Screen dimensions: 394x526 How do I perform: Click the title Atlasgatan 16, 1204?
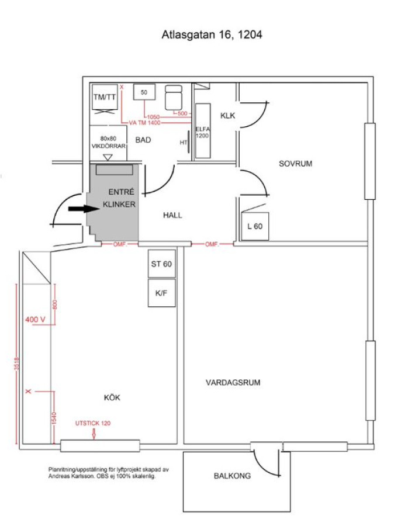pos(212,34)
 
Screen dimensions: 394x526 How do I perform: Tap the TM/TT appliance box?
pos(105,97)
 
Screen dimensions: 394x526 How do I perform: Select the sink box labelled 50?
pos(144,92)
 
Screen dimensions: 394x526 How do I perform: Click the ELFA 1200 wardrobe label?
pos(202,132)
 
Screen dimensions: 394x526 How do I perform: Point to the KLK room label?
pos(227,116)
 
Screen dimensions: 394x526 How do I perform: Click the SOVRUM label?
pos(295,164)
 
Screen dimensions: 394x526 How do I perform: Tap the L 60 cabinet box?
pos(255,226)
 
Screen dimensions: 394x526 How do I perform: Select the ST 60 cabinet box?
pos(162,264)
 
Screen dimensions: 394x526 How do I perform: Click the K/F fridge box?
pos(162,293)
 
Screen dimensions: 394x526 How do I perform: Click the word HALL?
pos(172,215)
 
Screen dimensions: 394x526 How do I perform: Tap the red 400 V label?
pos(35,319)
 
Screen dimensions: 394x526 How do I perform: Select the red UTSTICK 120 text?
pos(93,423)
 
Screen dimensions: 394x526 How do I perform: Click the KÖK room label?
pos(112,397)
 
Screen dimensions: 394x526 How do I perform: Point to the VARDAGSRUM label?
pos(233,382)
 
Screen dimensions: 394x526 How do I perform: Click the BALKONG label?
pos(232,476)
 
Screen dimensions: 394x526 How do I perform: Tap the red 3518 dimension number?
pos(17,364)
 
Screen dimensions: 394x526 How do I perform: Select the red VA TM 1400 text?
pos(144,123)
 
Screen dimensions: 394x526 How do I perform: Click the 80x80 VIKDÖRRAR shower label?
pos(108,142)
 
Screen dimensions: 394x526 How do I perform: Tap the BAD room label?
pos(143,140)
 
